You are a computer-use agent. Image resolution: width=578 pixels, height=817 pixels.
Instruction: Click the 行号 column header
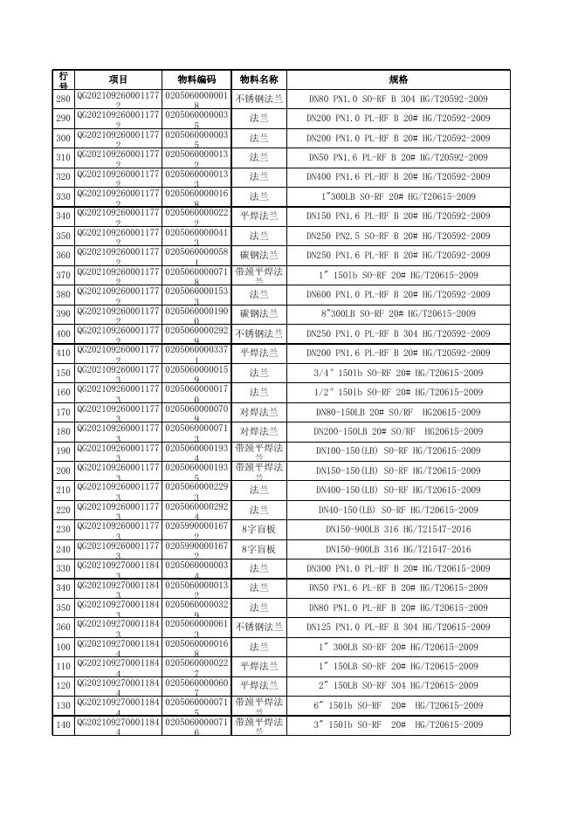tap(63, 79)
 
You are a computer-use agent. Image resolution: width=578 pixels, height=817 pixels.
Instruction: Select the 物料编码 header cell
tap(196, 79)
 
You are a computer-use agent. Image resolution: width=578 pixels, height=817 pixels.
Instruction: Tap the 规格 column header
tap(398, 79)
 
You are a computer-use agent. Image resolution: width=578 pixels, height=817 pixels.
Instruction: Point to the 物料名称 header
tap(258, 79)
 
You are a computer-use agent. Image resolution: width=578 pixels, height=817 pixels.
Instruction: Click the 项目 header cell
tap(119, 79)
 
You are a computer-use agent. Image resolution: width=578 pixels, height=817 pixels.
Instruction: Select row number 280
tap(63, 99)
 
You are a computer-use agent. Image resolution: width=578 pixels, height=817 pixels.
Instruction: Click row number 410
tap(63, 354)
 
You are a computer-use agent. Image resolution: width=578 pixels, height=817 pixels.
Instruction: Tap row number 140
tap(63, 725)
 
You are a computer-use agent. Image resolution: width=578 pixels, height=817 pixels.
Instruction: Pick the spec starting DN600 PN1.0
tap(398, 294)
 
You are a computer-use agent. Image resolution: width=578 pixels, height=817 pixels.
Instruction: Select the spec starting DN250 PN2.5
tap(398, 236)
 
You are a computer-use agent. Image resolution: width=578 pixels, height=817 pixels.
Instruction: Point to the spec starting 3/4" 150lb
tap(398, 373)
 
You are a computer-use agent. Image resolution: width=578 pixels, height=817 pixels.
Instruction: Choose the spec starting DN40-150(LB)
tap(398, 510)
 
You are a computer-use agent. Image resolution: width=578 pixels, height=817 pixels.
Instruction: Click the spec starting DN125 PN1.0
tap(398, 628)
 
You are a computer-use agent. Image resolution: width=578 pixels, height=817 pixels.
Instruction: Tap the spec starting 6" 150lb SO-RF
tap(398, 705)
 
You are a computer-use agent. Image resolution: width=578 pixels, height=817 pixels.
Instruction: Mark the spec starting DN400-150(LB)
tap(398, 491)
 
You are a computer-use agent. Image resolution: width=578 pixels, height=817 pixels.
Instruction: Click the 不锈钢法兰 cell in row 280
tap(258, 99)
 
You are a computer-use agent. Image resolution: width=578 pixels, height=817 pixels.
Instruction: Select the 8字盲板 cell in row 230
tap(258, 530)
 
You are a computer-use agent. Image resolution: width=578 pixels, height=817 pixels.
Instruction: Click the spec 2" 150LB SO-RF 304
tap(398, 686)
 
